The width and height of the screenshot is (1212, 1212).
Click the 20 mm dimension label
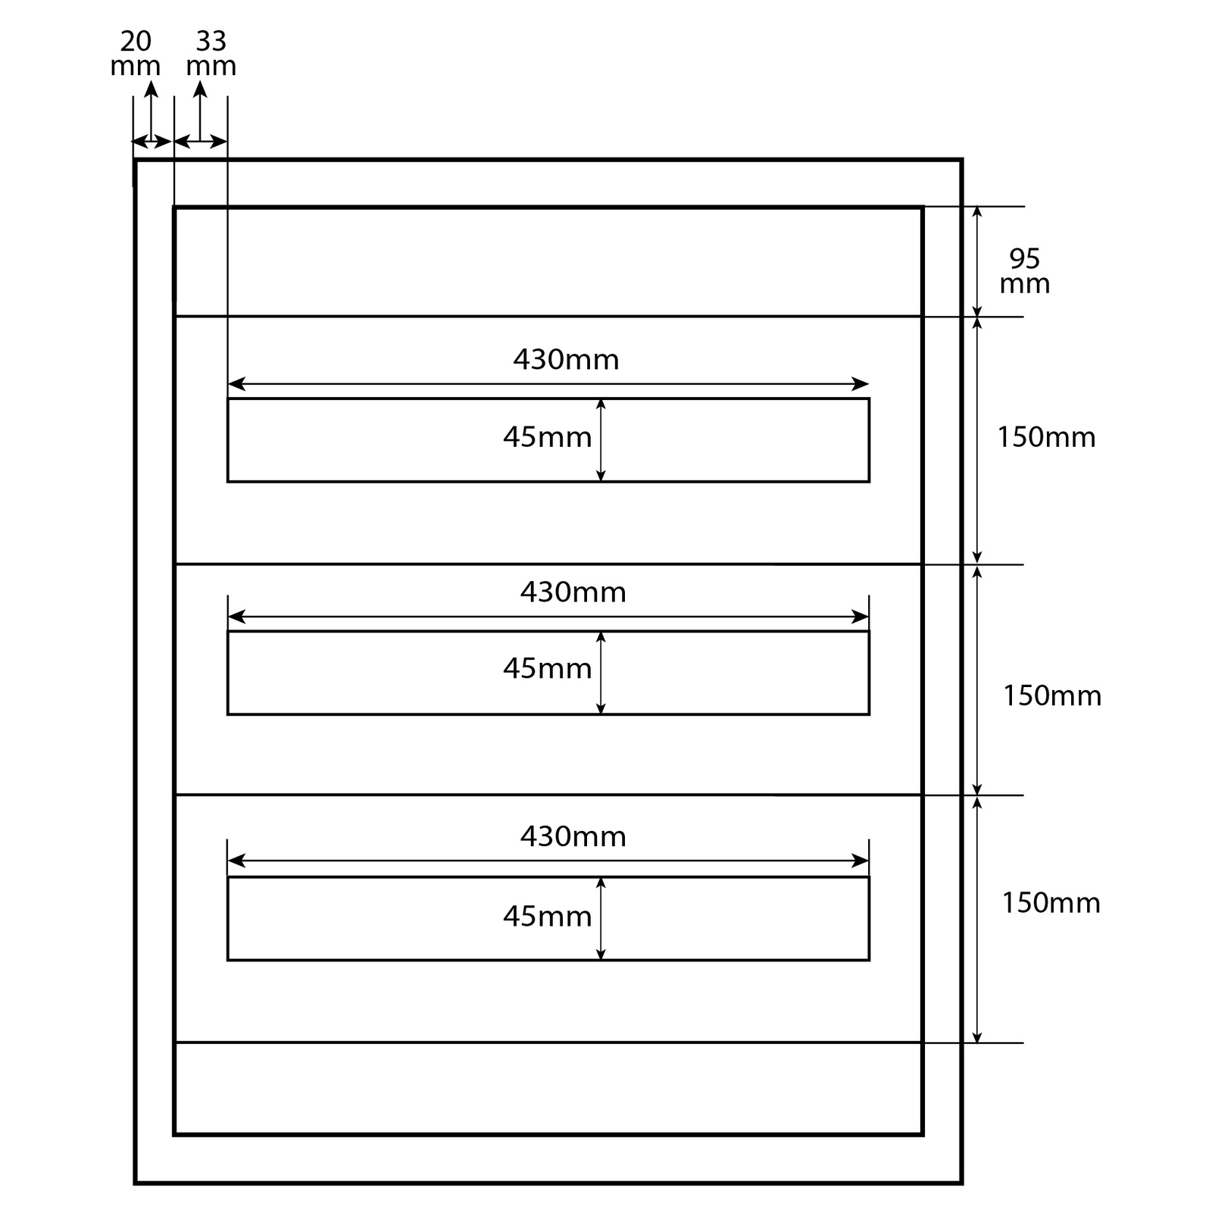point(136,53)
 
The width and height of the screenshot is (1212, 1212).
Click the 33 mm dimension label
point(211,53)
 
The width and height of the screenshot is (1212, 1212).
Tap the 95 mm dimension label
point(1024,271)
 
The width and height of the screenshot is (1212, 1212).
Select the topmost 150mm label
point(1045,437)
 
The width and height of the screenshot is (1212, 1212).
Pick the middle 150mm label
point(1051,695)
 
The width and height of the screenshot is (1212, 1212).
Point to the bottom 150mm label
point(1051,902)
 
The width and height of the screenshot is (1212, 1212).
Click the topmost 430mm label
point(566,359)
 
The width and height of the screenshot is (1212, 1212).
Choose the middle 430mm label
point(573,592)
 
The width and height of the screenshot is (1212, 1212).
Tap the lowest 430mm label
point(573,836)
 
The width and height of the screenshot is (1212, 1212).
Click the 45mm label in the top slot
point(547,437)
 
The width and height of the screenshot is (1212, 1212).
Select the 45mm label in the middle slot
point(547,668)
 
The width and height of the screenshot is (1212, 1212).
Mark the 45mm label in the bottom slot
point(547,917)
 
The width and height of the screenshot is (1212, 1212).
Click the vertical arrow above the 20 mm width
point(151,110)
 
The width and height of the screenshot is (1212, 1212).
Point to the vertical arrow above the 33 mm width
point(200,110)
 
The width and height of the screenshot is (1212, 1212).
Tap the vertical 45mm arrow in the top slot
point(601,440)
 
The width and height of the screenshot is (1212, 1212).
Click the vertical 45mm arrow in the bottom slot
point(601,919)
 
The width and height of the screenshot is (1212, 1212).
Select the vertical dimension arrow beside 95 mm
point(977,261)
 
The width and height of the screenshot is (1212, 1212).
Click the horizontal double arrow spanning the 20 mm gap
point(152,142)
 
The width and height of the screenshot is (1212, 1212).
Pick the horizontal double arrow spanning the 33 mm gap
point(201,142)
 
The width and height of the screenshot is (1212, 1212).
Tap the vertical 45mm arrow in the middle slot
point(601,673)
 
